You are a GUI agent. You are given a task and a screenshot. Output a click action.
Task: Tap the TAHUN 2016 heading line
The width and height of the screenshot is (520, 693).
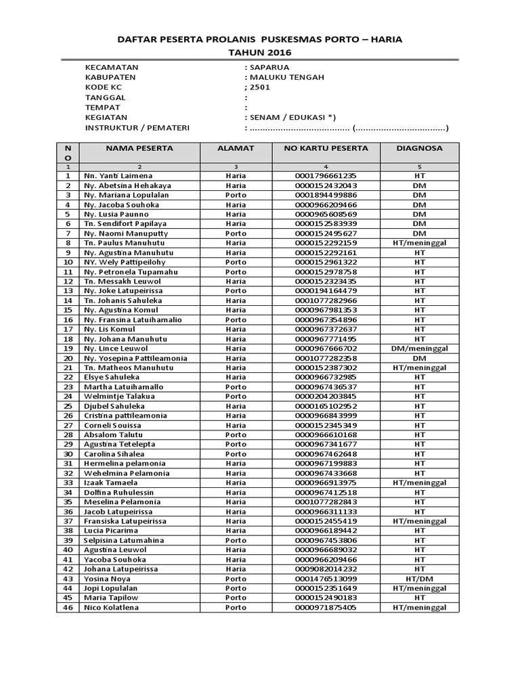[x=259, y=52]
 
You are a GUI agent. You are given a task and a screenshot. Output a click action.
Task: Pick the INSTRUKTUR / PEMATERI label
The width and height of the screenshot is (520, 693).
[x=137, y=127]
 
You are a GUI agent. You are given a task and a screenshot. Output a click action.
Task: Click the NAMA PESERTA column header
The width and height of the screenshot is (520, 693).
[x=139, y=148]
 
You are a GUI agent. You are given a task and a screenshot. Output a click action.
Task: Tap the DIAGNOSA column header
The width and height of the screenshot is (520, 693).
[x=419, y=148]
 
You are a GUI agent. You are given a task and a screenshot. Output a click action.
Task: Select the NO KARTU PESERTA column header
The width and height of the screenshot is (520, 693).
[x=326, y=148]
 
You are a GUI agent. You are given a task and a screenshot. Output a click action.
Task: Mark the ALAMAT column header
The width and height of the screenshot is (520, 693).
[x=236, y=148]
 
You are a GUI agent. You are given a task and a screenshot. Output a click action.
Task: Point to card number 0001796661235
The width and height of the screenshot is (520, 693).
[x=326, y=175]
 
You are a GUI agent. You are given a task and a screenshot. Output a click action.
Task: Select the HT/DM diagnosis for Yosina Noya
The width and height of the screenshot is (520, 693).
[x=419, y=579]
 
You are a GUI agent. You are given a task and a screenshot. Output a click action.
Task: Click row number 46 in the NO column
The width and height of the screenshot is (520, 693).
[x=68, y=607]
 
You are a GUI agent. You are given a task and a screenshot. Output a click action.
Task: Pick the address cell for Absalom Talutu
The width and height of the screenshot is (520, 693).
[x=236, y=434]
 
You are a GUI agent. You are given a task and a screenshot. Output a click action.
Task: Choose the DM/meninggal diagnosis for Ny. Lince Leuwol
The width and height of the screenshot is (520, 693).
[x=419, y=348]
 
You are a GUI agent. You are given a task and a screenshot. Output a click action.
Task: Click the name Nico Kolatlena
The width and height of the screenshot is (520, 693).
[x=112, y=607]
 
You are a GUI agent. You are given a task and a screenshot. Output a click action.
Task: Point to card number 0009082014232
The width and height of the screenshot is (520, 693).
[x=326, y=569]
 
